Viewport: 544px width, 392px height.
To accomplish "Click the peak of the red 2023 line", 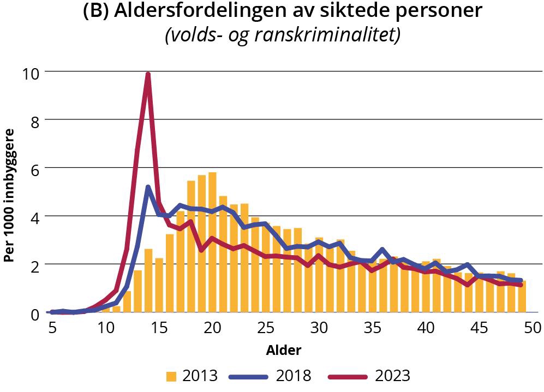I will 148,75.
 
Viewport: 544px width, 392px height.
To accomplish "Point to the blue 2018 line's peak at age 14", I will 148,188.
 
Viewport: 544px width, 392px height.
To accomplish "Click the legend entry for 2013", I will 192,376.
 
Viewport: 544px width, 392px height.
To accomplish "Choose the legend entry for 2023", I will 368,376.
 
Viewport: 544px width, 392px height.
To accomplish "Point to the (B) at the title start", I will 96,12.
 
